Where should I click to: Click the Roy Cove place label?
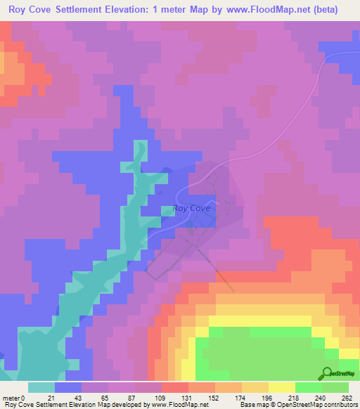click(x=191, y=208)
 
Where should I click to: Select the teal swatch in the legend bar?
click(x=41, y=387)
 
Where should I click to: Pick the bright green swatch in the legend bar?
click(x=308, y=387)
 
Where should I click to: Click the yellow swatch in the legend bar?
click(x=281, y=387)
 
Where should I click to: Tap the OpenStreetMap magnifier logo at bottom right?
click(x=327, y=374)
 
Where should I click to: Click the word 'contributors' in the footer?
click(x=340, y=405)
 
